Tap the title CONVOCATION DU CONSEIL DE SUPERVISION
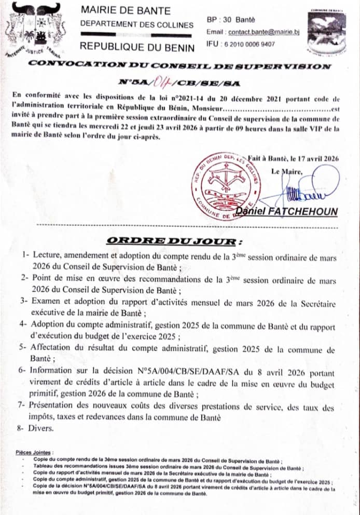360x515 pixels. tap(181, 66)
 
